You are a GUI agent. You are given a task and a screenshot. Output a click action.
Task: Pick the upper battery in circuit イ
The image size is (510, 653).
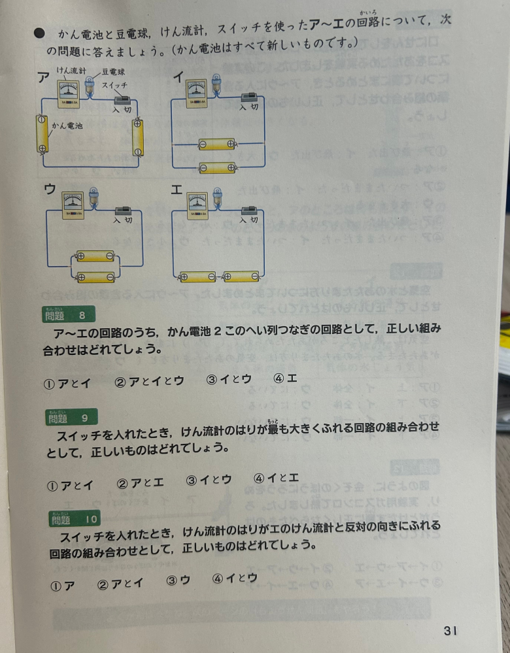click(218, 144)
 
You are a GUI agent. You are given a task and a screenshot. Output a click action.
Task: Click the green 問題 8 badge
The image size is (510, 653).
click(70, 315)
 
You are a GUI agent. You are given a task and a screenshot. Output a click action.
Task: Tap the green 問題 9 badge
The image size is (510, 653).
click(71, 417)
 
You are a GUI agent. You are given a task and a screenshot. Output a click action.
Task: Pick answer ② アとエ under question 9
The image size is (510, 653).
click(139, 483)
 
